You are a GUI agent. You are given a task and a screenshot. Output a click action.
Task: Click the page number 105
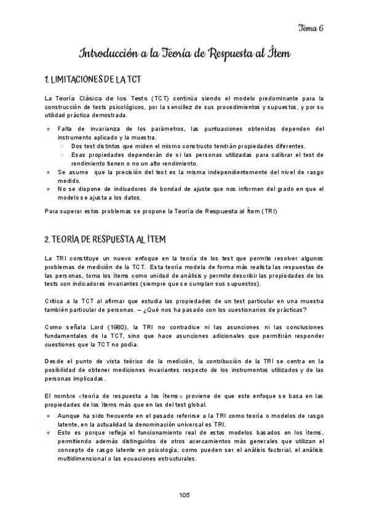184,495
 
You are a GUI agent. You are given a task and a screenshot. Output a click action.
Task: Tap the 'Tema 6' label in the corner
311,28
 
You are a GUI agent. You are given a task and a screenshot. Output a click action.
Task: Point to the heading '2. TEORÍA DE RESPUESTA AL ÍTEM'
105,239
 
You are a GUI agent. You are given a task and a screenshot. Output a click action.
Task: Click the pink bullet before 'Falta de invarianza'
49,129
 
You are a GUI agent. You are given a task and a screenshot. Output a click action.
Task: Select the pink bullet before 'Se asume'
49,173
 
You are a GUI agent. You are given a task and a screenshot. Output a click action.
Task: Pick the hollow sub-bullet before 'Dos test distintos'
62,147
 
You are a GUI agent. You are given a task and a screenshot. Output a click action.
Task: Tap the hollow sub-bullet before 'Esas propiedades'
62,155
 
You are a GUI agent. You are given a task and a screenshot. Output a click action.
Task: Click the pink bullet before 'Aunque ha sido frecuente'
49,416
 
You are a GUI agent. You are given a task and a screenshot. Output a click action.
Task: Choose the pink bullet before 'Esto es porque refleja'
49,433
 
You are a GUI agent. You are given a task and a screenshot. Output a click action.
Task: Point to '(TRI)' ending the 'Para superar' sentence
268,212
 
